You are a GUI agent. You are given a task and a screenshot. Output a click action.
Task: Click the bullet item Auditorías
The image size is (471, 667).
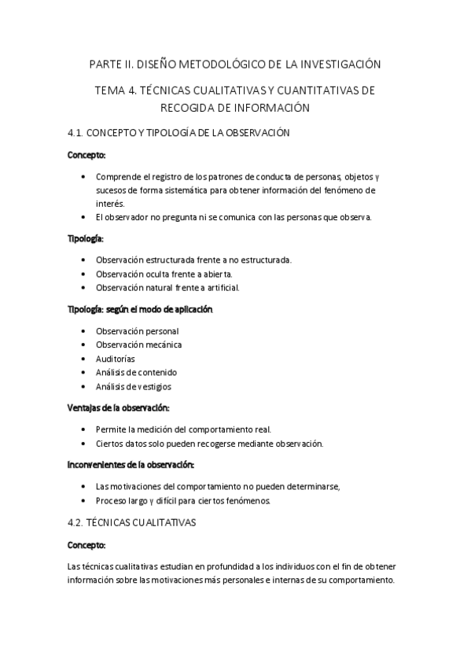tap(116, 359)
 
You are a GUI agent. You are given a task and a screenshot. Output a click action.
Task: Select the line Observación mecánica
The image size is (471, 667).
tap(138, 345)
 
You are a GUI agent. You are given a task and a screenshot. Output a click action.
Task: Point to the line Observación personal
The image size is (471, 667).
tap(137, 331)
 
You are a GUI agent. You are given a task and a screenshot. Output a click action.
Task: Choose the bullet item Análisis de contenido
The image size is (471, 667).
tap(136, 372)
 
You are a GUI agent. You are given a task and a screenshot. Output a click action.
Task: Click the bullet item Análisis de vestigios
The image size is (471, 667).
tap(133, 386)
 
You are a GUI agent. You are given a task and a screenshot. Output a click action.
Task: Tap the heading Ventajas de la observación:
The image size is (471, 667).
tap(118, 408)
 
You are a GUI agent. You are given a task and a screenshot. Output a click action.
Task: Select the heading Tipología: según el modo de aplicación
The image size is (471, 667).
tap(140, 309)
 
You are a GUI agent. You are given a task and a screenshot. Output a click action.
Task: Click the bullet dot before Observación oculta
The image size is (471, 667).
tap(84, 274)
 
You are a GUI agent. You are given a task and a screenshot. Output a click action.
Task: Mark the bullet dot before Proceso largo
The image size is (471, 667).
tap(84, 500)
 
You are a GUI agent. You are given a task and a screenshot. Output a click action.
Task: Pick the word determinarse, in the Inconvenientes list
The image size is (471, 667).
tap(311, 487)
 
